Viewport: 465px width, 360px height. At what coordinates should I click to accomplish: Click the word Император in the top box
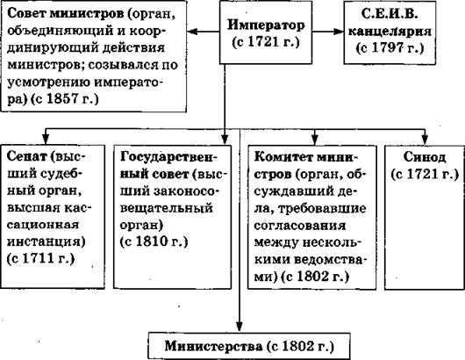point(266,25)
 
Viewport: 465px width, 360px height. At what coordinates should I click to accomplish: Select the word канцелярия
point(390,31)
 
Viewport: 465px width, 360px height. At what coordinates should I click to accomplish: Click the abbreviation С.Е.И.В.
point(390,14)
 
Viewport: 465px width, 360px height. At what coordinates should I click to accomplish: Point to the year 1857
point(63,98)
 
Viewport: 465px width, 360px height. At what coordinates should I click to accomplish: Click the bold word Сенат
point(26,156)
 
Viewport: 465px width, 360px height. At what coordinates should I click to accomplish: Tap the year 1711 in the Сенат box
point(39,258)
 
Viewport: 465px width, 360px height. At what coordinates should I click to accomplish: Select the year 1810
point(152,241)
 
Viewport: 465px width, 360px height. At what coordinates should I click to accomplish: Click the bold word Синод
point(425,157)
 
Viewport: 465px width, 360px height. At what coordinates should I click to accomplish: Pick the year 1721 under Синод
point(423,174)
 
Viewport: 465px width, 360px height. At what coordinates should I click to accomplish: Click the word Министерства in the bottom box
point(214,346)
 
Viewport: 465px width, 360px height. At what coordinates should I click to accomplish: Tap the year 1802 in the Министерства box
point(298,346)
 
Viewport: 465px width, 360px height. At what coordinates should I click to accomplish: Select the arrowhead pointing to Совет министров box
point(192,31)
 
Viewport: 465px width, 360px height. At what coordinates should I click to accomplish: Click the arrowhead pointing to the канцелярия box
point(339,31)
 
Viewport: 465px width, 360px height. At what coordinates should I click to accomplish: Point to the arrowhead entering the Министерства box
point(239,327)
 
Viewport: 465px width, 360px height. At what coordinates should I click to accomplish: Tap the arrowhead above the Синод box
point(425,140)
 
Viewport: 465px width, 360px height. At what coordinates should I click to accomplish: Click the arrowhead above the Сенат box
point(46,140)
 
